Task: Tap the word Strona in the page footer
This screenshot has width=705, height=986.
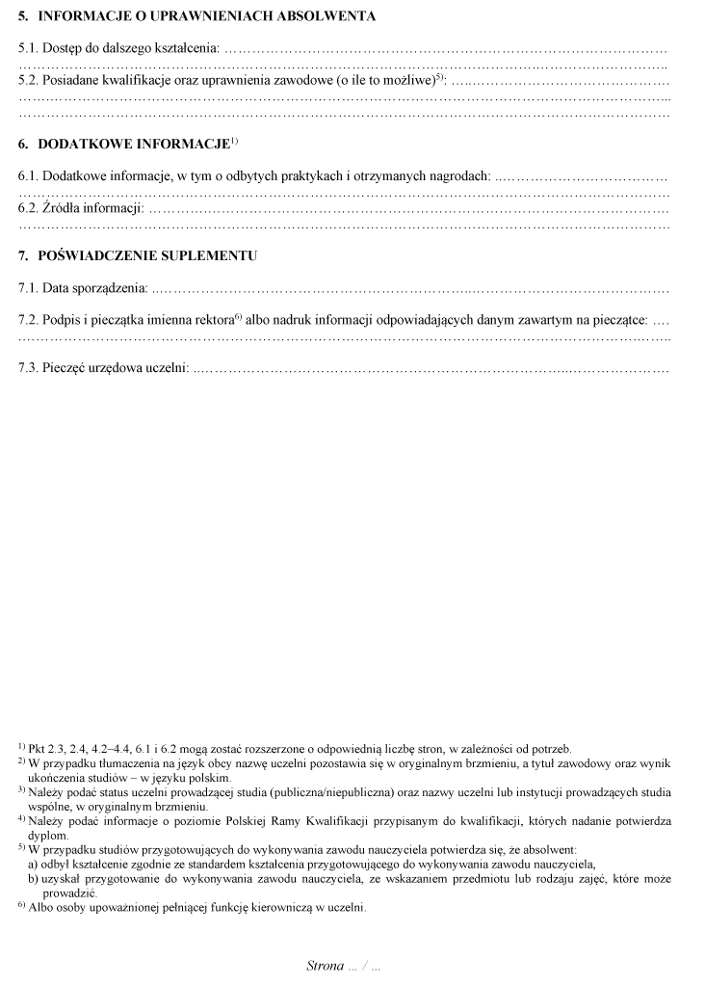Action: pyautogui.click(x=325, y=965)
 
